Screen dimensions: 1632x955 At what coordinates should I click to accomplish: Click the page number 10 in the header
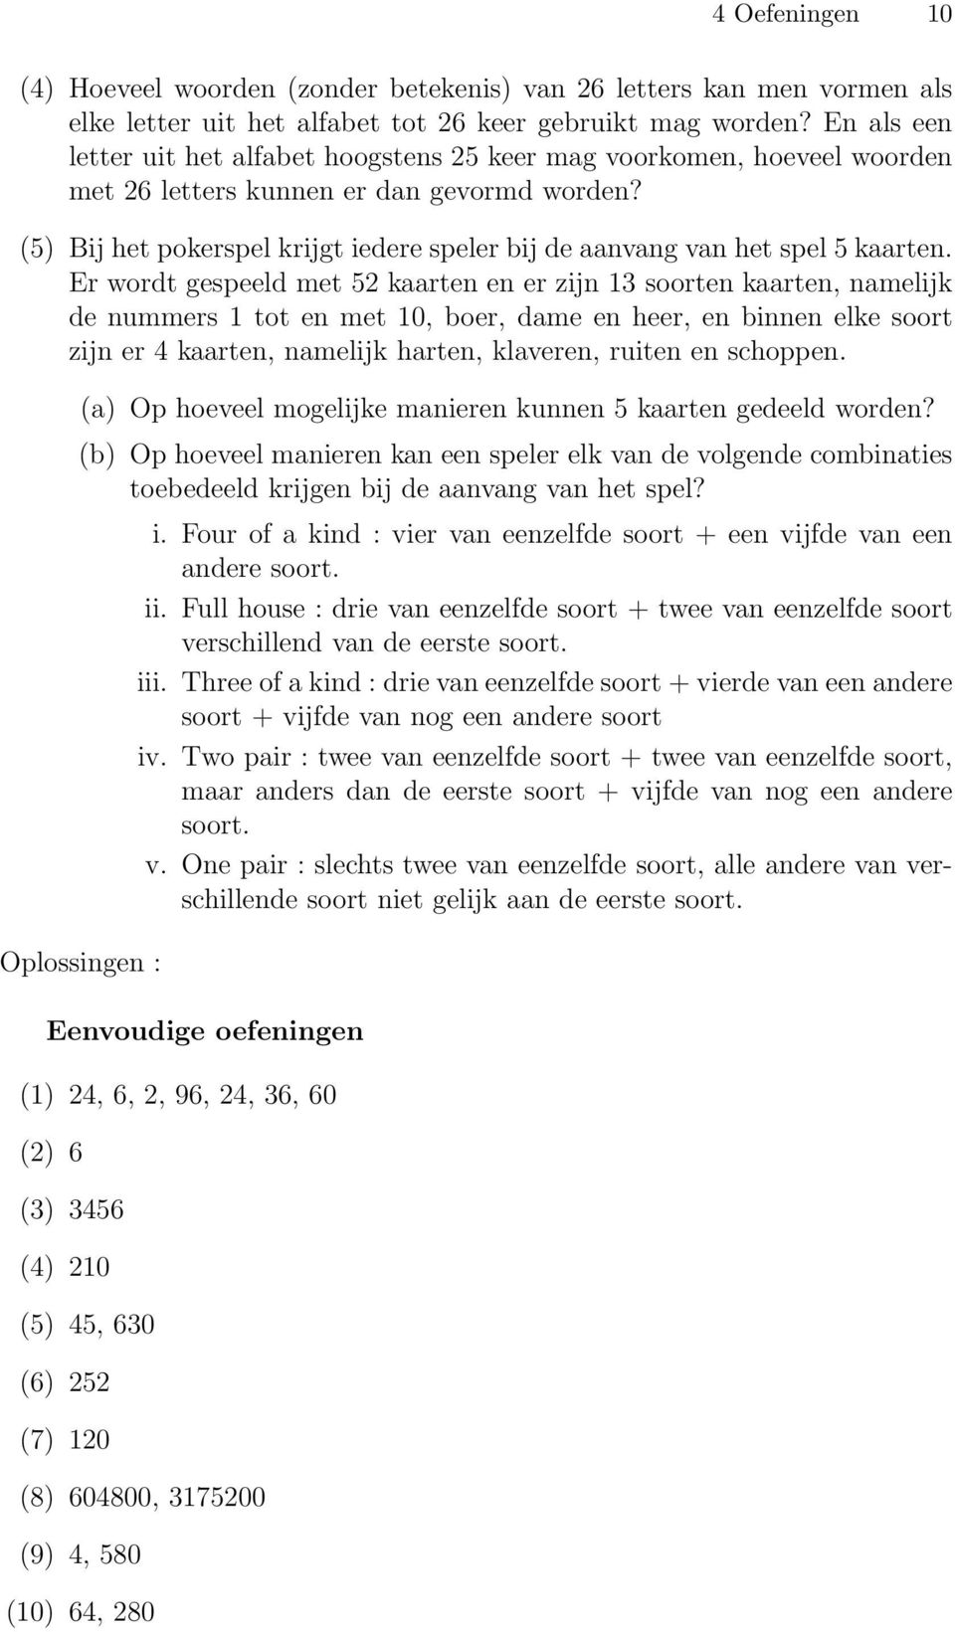tap(940, 14)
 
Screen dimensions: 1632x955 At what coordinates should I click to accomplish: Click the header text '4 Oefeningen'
tap(785, 14)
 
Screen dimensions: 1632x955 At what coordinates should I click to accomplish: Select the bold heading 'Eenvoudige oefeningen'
tap(205, 1031)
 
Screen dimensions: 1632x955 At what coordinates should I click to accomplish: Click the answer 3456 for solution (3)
tap(96, 1209)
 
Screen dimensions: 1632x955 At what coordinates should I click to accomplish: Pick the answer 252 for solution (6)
tap(90, 1381)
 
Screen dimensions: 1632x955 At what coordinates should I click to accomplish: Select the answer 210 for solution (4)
tap(90, 1267)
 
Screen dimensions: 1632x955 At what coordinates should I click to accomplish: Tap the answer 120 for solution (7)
tap(90, 1439)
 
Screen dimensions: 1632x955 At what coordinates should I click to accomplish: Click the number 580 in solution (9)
tap(120, 1554)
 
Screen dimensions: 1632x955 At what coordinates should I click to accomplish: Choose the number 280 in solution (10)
tap(133, 1611)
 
